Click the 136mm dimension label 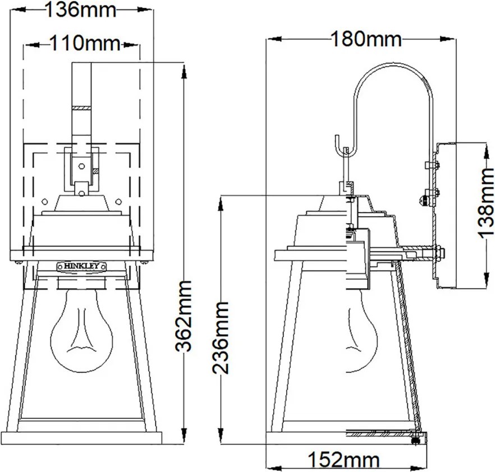81,10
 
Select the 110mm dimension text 85,43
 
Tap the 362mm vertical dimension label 184,316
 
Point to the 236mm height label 220,337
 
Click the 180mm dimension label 366,39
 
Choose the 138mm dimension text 485,202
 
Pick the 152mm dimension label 343,460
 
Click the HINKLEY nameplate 82,266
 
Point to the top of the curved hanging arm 392,64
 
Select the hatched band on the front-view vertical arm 82,108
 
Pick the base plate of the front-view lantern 82,438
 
